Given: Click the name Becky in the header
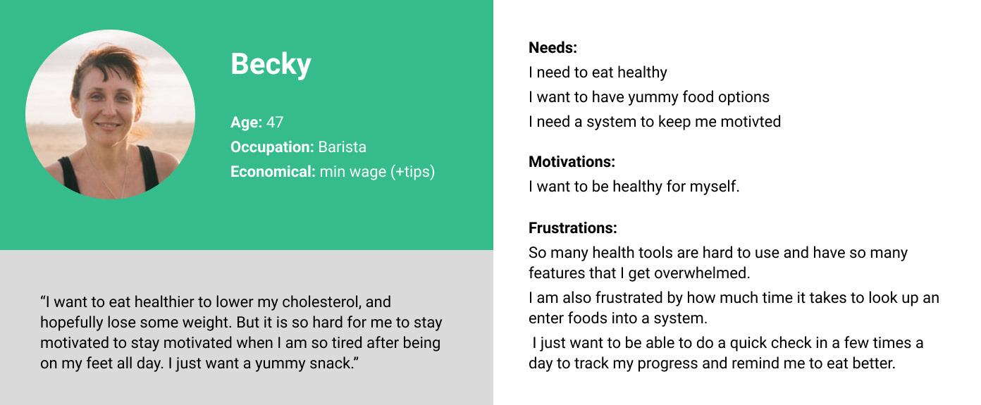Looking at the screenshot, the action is [271, 65].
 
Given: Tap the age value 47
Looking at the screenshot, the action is [275, 122].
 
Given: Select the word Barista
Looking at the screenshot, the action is [342, 147].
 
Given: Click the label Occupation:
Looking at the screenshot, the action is [273, 147].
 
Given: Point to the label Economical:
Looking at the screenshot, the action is [273, 172].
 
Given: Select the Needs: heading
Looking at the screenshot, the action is [553, 48].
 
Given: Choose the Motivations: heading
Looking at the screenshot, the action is [572, 162].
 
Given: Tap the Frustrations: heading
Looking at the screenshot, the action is [572, 228].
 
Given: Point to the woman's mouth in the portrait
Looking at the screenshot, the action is [106, 125].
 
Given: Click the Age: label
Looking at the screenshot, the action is [247, 123].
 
